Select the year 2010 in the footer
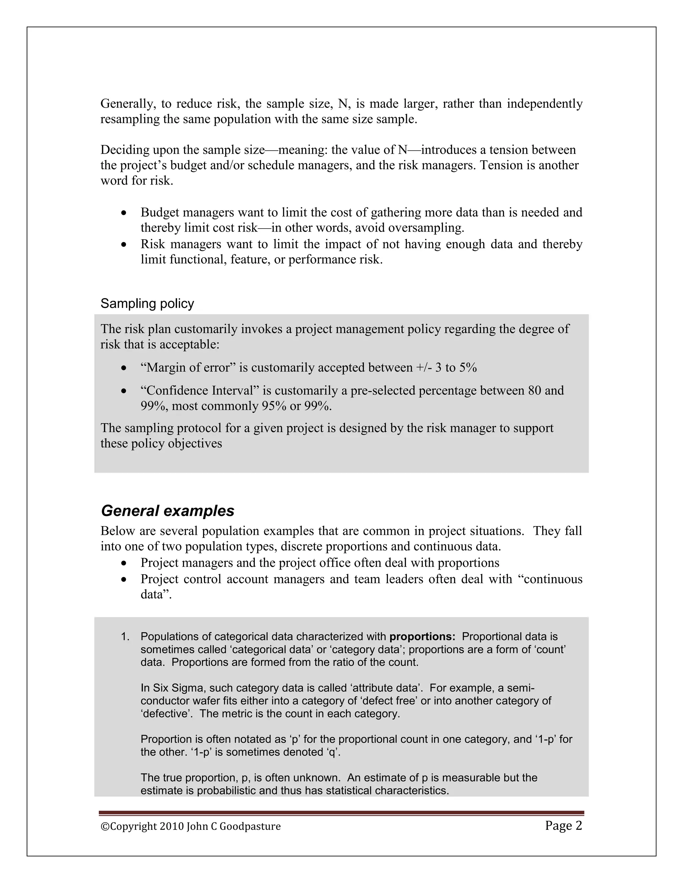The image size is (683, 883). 171,826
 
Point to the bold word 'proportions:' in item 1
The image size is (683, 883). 422,637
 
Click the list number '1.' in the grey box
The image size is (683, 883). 125,637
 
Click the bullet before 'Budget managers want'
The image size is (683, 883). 124,213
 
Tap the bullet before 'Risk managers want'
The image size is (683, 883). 124,245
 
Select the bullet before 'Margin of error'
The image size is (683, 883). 124,368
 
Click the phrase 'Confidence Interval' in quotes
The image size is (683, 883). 199,391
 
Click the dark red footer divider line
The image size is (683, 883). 341,813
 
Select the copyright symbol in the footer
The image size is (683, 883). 104,826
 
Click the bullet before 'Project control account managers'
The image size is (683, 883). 124,579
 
